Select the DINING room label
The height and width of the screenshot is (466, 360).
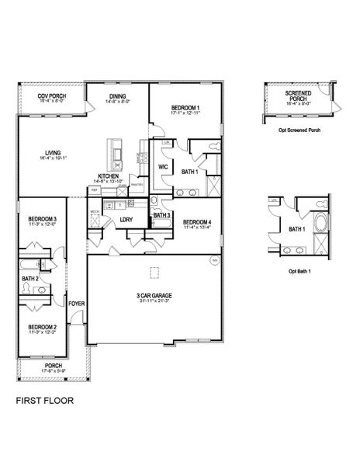tap(118, 97)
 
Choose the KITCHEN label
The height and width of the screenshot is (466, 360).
tap(108, 176)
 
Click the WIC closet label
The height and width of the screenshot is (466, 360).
tap(163, 166)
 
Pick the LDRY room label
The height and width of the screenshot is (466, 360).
tap(126, 220)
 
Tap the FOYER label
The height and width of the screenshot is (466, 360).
tap(76, 303)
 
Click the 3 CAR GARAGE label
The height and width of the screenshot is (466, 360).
tap(154, 294)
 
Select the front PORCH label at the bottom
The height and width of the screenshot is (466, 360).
tap(53, 365)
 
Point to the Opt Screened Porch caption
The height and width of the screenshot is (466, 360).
tap(299, 130)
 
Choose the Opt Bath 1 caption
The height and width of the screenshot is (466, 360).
tap(299, 271)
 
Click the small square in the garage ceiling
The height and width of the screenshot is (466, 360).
tap(153, 271)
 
